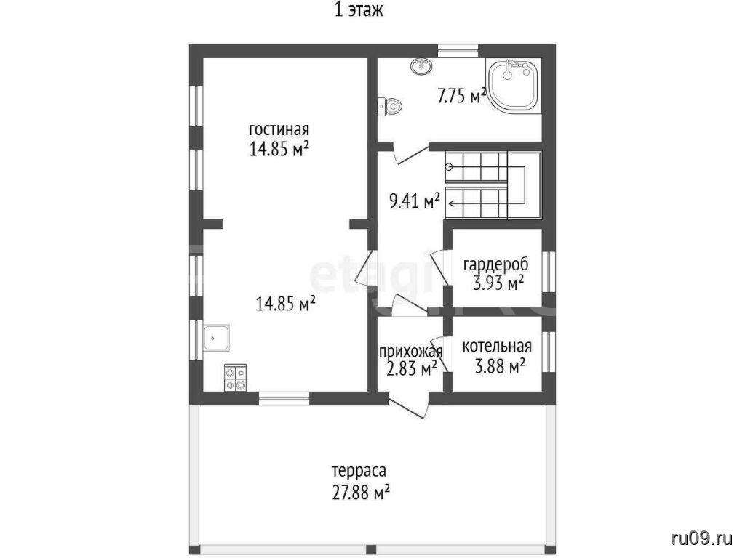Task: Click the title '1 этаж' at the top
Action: click(359, 10)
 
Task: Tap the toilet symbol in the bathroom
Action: click(390, 106)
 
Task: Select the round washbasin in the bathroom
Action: click(421, 66)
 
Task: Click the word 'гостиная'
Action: click(279, 129)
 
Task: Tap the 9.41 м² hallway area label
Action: click(414, 201)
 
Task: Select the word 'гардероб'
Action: click(495, 264)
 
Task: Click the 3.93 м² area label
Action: click(498, 283)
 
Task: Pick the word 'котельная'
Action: click(497, 347)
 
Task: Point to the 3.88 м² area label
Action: click(500, 365)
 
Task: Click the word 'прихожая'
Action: click(411, 352)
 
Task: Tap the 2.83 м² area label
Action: click(412, 368)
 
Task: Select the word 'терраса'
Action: click(359, 472)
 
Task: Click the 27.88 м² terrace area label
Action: click(360, 493)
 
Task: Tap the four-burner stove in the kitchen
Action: click(236, 378)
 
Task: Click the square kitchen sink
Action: click(217, 338)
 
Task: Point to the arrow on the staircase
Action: click(487, 185)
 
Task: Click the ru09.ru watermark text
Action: click(702, 538)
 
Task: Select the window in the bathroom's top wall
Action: click(458, 50)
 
